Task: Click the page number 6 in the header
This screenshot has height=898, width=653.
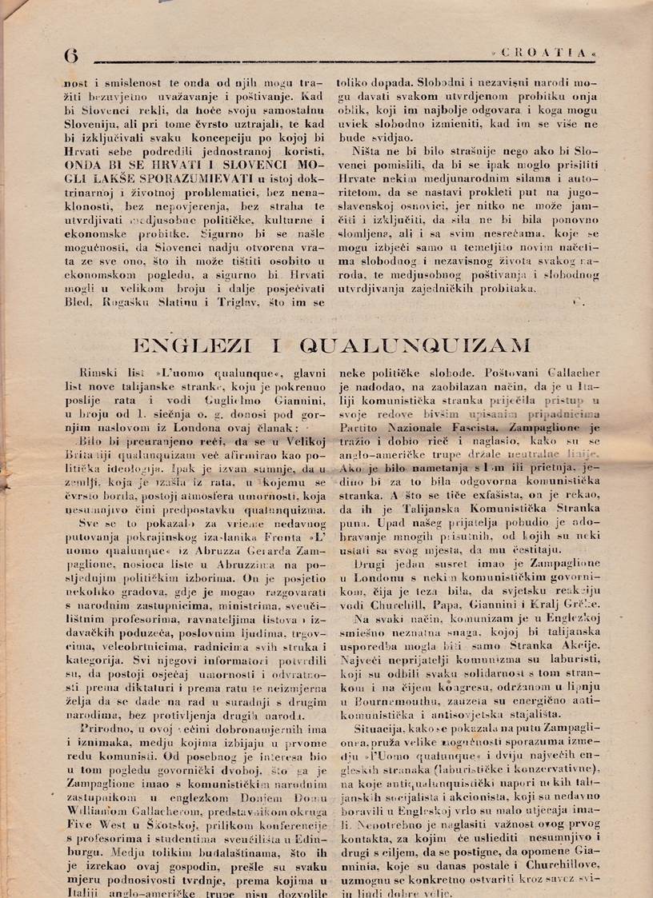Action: pos(71,54)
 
